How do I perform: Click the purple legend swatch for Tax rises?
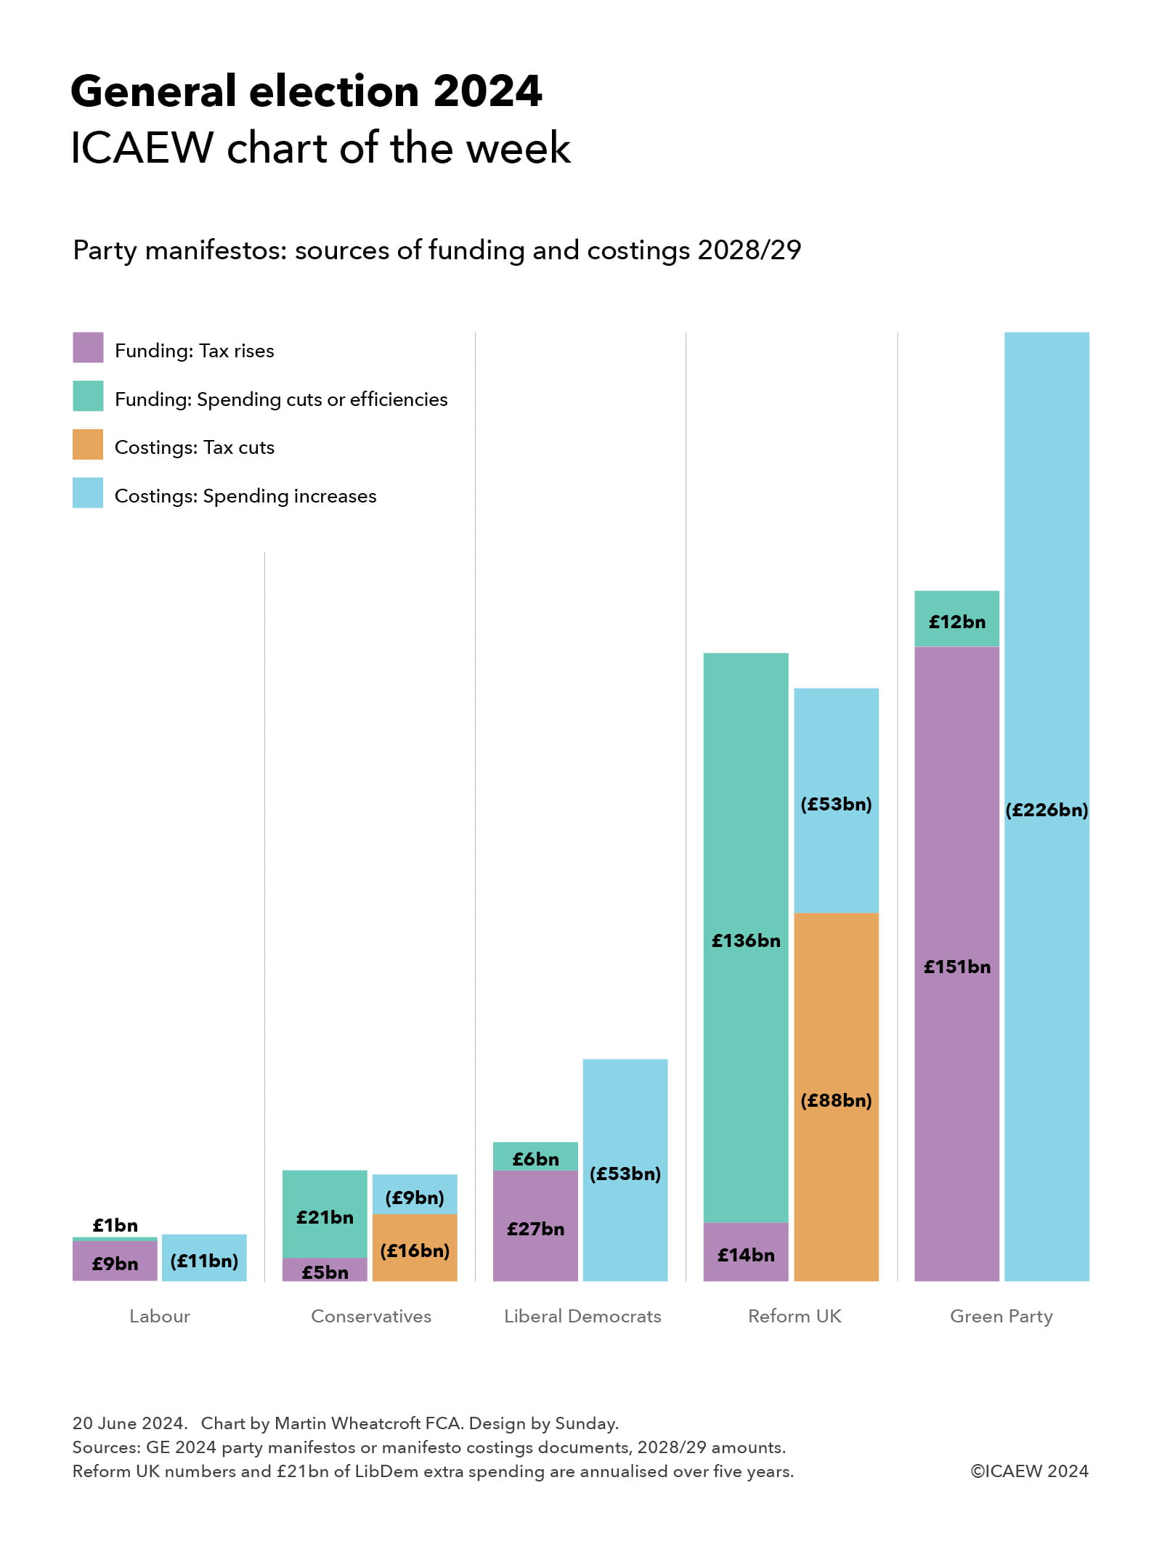pyautogui.click(x=88, y=347)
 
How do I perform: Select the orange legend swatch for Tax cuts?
pyautogui.click(x=88, y=444)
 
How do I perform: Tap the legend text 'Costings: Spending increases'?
pyautogui.click(x=245, y=496)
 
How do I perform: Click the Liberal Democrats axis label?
pyautogui.click(x=582, y=1316)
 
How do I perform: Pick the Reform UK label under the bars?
pyautogui.click(x=795, y=1316)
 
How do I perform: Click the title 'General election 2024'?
pyautogui.click(x=306, y=92)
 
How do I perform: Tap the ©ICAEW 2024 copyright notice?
pyautogui.click(x=1029, y=1471)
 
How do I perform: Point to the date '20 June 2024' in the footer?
pyautogui.click(x=129, y=1423)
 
